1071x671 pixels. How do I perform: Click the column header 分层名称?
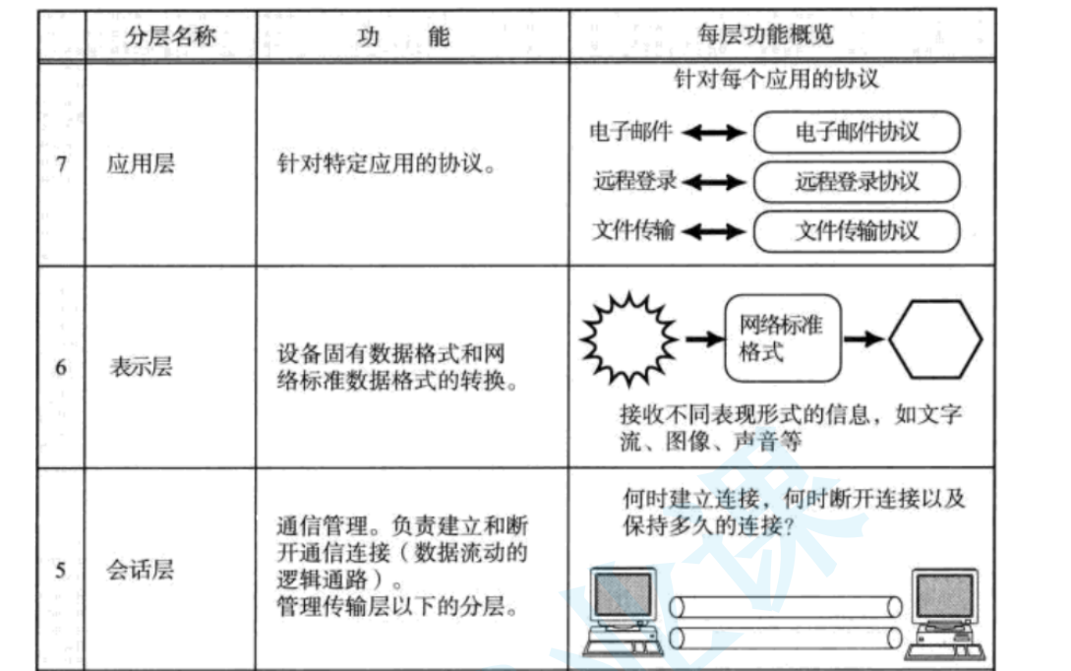[170, 37]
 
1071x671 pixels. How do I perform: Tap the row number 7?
[61, 163]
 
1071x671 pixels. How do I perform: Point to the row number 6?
[61, 368]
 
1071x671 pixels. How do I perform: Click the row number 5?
[61, 570]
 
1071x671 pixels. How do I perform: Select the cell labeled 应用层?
[141, 163]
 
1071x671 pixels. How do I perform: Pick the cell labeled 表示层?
[141, 368]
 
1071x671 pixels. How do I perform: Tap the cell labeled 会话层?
[141, 570]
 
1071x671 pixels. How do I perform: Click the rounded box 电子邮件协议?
[856, 133]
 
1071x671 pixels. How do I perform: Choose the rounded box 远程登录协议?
[856, 182]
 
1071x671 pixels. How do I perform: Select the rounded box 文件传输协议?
[856, 231]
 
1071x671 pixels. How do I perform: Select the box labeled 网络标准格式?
[783, 338]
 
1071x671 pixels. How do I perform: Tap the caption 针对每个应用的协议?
[775, 80]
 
